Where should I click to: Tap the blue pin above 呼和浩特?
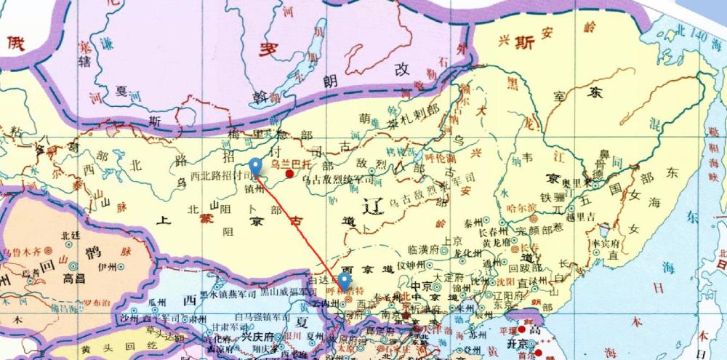coord(345,281)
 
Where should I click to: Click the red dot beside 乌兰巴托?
coord(290,175)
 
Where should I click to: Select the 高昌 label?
coord(76,279)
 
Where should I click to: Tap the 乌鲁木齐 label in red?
coord(21,252)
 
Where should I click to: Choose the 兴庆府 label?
coord(257,338)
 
